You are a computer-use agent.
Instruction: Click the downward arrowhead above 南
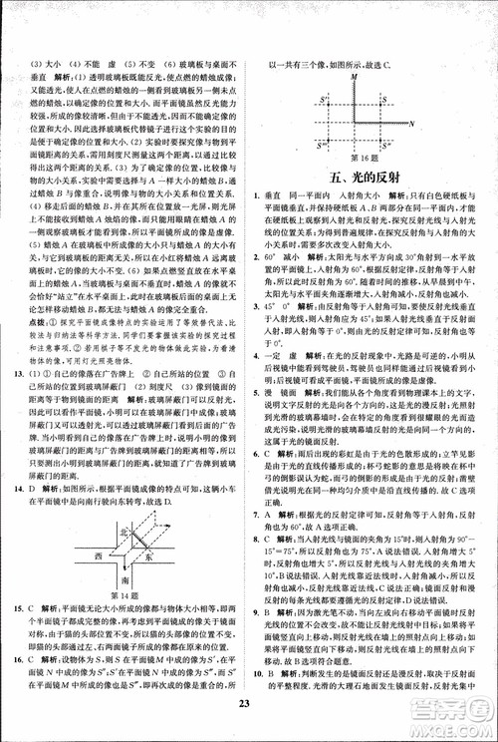[123, 564]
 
